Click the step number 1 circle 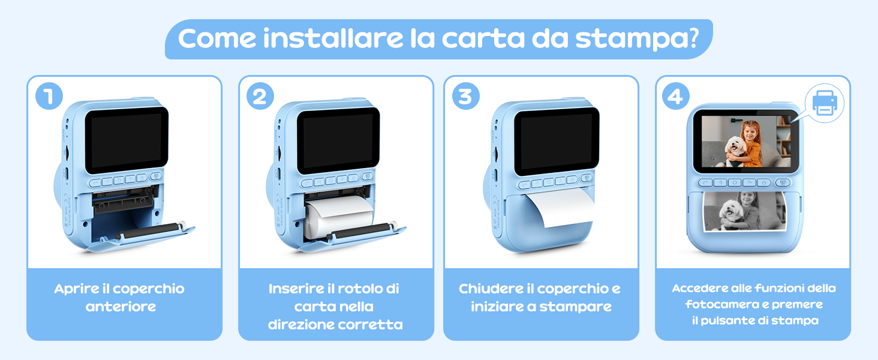point(49,97)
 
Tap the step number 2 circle point(260,97)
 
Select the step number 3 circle point(465,97)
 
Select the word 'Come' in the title point(217,38)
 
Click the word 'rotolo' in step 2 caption point(358,289)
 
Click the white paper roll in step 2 point(339,215)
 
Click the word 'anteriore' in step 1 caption point(121,307)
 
